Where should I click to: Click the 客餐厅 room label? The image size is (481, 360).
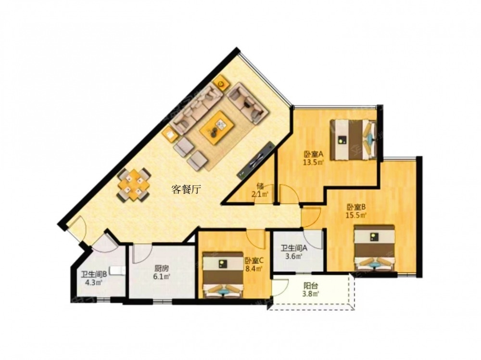coord(186,190)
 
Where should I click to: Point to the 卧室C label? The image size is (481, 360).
coord(254,260)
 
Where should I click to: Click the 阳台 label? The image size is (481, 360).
coord(311,286)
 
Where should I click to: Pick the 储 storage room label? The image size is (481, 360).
coord(260,186)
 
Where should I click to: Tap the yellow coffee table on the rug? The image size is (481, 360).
coord(217,127)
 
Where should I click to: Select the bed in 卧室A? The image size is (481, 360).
coord(353,140)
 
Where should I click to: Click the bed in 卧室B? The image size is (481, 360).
coord(374,248)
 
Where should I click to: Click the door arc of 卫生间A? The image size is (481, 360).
coord(313,238)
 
